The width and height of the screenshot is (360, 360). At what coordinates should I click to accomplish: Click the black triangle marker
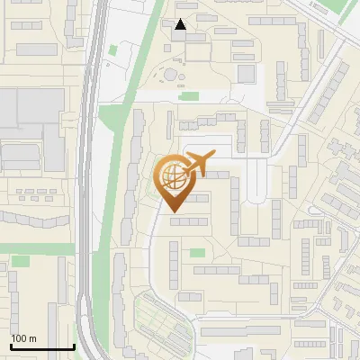[181, 25]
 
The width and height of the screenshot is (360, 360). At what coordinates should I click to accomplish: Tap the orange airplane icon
[197, 165]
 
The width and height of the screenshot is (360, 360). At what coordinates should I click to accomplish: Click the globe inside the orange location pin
[172, 176]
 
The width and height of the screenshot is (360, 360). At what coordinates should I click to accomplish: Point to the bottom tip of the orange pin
[172, 211]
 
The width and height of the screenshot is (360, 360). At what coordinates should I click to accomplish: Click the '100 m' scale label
[23, 338]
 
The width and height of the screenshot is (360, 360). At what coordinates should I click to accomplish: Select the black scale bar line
[41, 347]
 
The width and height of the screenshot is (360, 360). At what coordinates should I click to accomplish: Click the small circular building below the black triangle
[169, 74]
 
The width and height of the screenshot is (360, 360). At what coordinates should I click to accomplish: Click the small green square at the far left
[20, 260]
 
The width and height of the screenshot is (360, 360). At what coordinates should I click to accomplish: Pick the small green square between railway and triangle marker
[112, 49]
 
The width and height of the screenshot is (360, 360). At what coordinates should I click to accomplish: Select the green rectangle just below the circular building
[188, 96]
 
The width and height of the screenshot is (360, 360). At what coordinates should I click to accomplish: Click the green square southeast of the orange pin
[197, 251]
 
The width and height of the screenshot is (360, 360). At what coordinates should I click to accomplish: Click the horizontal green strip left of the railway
[36, 248]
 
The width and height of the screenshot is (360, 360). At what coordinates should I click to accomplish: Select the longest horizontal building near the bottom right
[239, 331]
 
